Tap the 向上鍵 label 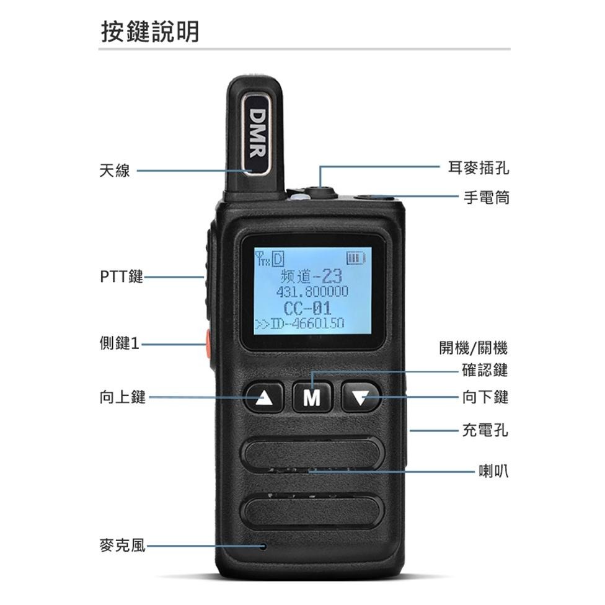pyautogui.click(x=123, y=397)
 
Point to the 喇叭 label pyautogui.click(x=493, y=470)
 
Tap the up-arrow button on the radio pyautogui.click(x=265, y=397)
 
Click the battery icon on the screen pyautogui.click(x=357, y=256)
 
